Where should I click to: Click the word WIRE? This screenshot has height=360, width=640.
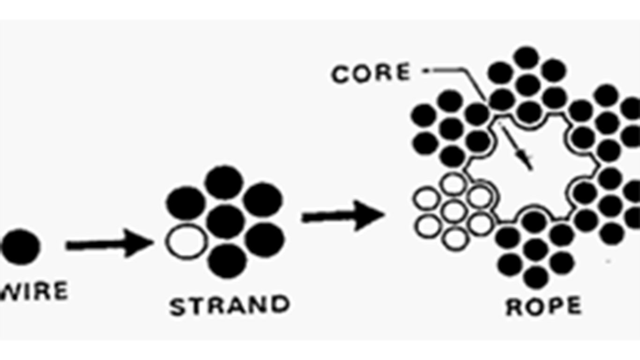[34, 292]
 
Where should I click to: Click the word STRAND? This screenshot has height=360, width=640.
[229, 306]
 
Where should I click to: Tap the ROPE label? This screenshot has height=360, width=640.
[543, 307]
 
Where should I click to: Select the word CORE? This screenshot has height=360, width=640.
[371, 74]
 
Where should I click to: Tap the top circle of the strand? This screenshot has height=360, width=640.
[224, 183]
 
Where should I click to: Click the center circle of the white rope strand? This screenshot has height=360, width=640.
[454, 211]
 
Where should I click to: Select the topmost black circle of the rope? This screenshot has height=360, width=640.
[528, 58]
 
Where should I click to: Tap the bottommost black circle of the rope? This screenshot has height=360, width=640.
[536, 278]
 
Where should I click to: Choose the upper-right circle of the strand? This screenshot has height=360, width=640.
[262, 201]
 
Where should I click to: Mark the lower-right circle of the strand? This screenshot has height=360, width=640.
[265, 239]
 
